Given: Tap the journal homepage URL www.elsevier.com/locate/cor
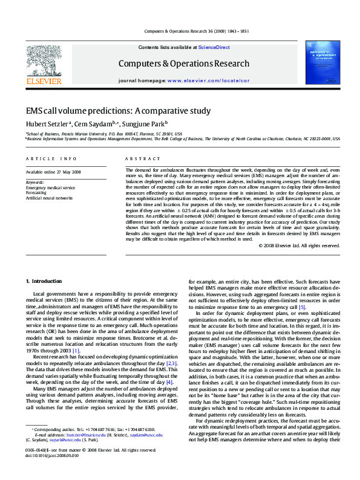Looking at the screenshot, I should click(208, 80).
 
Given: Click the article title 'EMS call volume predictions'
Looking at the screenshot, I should click(118, 111).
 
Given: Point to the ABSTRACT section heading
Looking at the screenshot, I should click(138, 158).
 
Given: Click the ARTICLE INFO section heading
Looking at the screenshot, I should click(51, 158).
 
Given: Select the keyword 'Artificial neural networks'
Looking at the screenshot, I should click(49, 198).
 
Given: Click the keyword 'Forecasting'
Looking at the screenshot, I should click(36, 193).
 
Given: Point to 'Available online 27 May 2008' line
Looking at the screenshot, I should click(53, 172).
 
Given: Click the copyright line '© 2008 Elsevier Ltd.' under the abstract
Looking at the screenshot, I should click(299, 245).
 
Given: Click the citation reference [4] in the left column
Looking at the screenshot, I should click(169, 365).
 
